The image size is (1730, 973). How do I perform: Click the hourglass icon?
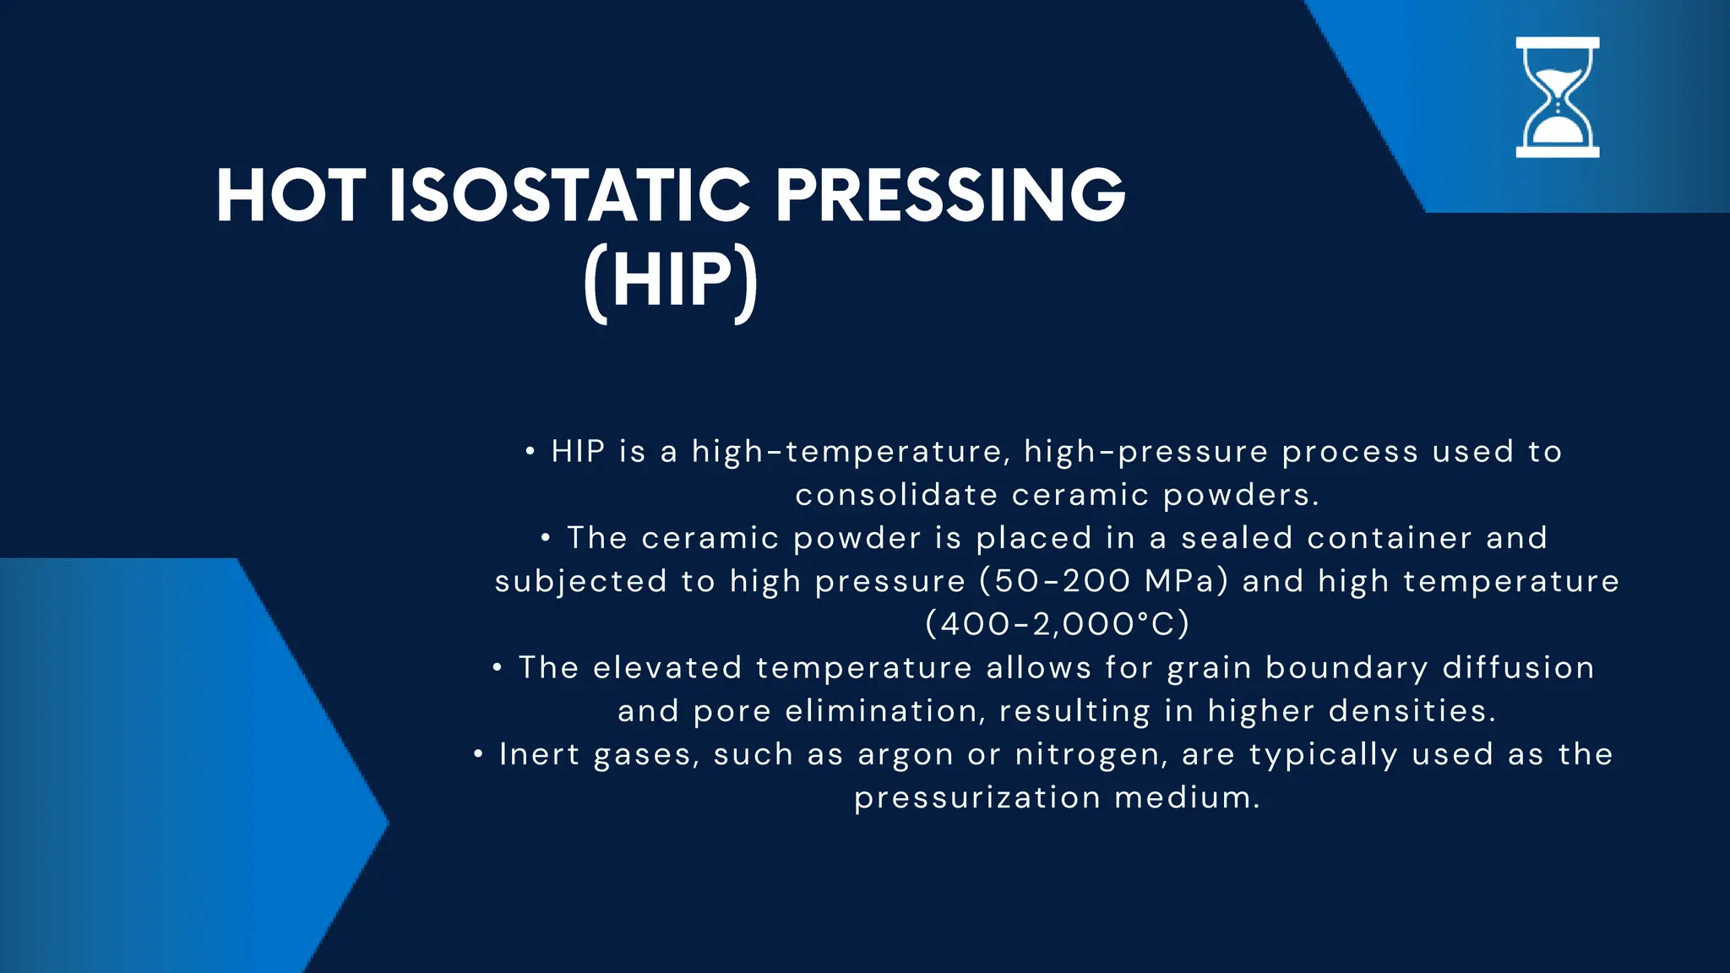(1557, 97)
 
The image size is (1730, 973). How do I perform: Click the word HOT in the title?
(290, 196)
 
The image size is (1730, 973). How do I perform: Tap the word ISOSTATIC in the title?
(569, 196)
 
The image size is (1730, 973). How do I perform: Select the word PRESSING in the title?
(949, 196)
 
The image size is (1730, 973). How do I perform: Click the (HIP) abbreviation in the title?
(671, 281)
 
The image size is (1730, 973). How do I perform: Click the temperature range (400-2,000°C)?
(1057, 624)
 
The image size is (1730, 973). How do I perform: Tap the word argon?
(906, 754)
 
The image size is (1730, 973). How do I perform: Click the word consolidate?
(896, 495)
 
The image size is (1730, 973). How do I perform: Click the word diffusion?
(1518, 667)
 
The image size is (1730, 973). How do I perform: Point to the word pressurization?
(977, 797)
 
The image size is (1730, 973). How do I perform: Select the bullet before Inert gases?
(478, 753)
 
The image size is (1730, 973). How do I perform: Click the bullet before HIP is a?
(530, 451)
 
